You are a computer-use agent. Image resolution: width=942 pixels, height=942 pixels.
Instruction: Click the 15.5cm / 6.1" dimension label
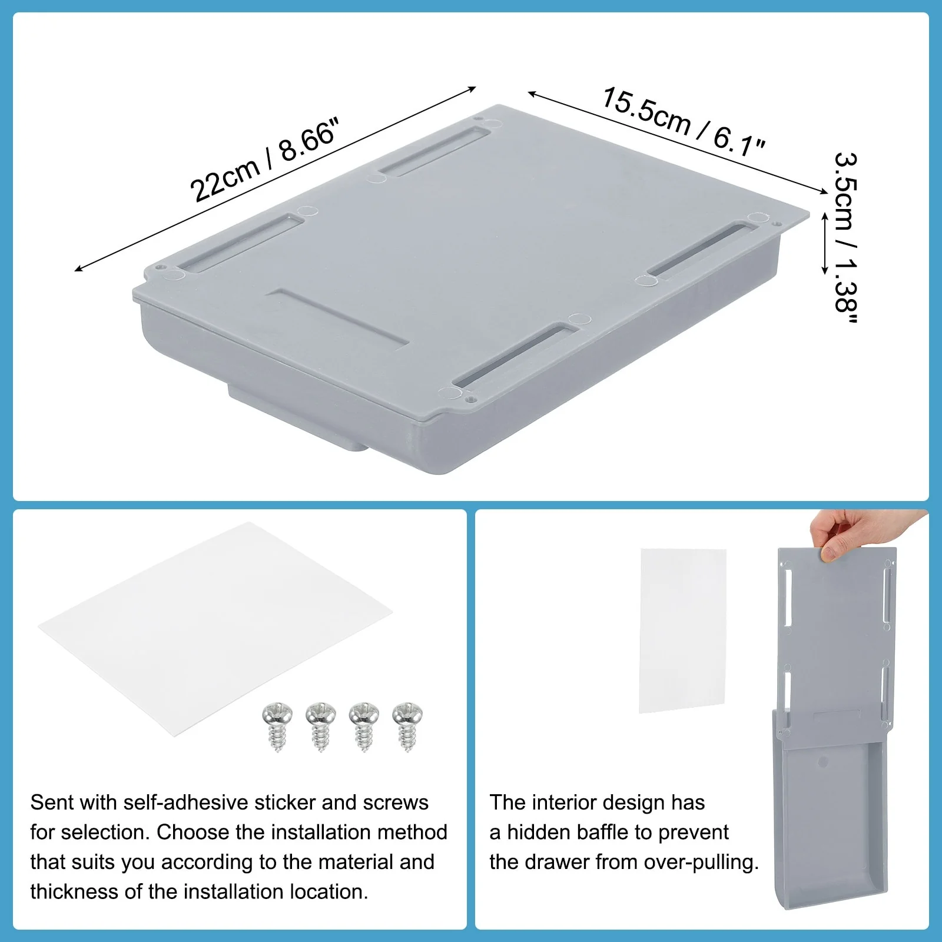683,122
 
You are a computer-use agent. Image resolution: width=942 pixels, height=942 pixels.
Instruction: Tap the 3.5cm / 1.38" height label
847,238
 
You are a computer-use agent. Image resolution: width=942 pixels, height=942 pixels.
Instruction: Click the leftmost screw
277,726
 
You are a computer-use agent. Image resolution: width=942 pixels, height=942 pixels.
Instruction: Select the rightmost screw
407,726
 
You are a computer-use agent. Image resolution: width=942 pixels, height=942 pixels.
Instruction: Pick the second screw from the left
321,726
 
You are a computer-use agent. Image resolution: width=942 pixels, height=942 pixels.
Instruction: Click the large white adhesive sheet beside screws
215,624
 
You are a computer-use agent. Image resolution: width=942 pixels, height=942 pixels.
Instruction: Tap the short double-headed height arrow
825,243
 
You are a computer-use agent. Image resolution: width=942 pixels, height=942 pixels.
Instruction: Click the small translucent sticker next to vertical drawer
682,630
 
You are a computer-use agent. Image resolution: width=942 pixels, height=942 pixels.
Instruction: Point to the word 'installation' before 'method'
321,832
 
